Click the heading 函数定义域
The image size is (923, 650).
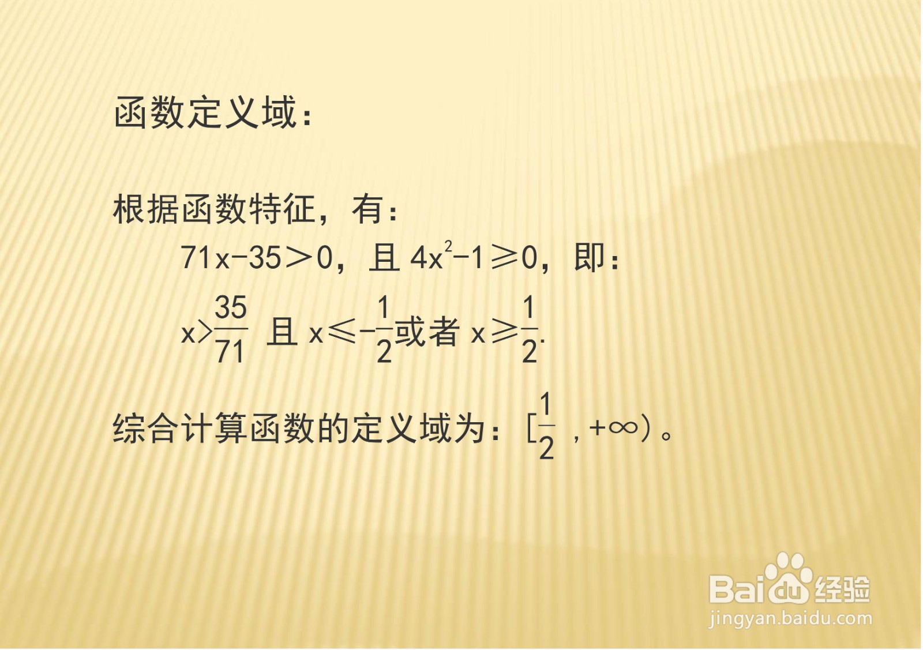(x=205, y=112)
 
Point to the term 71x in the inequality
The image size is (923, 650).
(x=205, y=258)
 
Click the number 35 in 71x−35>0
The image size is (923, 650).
(x=265, y=258)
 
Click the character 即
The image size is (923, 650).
(x=590, y=257)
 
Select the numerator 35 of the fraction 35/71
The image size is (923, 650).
(x=231, y=307)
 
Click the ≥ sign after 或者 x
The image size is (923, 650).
(x=504, y=333)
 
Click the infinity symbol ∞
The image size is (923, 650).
(x=624, y=427)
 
